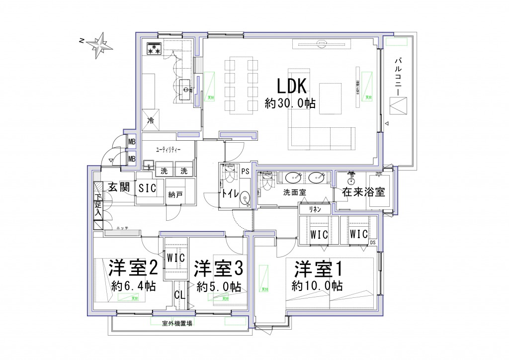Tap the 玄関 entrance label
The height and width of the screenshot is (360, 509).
(x=119, y=187)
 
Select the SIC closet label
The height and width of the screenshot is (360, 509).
(x=147, y=188)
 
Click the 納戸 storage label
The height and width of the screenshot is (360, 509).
(x=175, y=195)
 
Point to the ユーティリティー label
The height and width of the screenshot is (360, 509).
(x=168, y=149)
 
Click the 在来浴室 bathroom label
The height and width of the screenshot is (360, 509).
(x=363, y=192)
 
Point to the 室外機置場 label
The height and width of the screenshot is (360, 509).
(x=177, y=323)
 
